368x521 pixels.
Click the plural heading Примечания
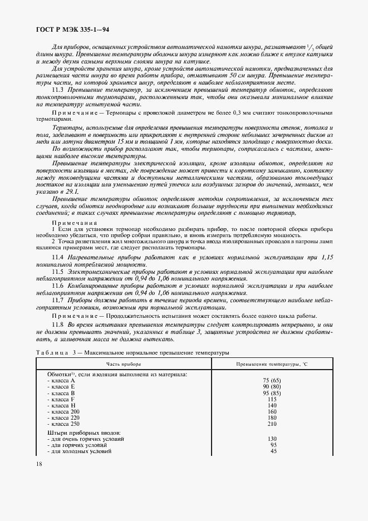(x=74, y=221)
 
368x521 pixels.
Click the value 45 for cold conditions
(x=273, y=451)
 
